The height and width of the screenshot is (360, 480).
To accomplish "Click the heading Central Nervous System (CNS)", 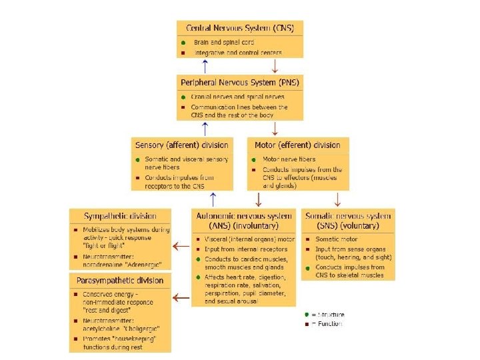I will coord(240,28).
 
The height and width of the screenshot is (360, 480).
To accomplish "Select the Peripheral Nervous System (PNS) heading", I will coord(240,83).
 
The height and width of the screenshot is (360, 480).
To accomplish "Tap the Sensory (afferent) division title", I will coord(181,145).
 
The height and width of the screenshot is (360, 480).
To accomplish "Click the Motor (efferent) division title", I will coord(297,145).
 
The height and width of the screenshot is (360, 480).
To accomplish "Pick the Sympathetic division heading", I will coord(120,216).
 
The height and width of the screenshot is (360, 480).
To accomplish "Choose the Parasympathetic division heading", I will coord(120,279).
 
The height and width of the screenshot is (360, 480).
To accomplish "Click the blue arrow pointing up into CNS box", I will coord(206,65).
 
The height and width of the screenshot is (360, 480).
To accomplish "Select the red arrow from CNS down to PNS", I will coord(275,65).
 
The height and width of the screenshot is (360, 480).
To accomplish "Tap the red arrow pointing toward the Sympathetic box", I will coord(180,247).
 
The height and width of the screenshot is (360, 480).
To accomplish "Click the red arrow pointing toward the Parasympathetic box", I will coord(180,298).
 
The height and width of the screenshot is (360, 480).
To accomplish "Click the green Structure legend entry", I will coord(325,314).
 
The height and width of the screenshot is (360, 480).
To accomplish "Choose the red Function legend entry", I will coord(325,324).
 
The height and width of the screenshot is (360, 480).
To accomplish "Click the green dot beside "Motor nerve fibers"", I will coord(255,159).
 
